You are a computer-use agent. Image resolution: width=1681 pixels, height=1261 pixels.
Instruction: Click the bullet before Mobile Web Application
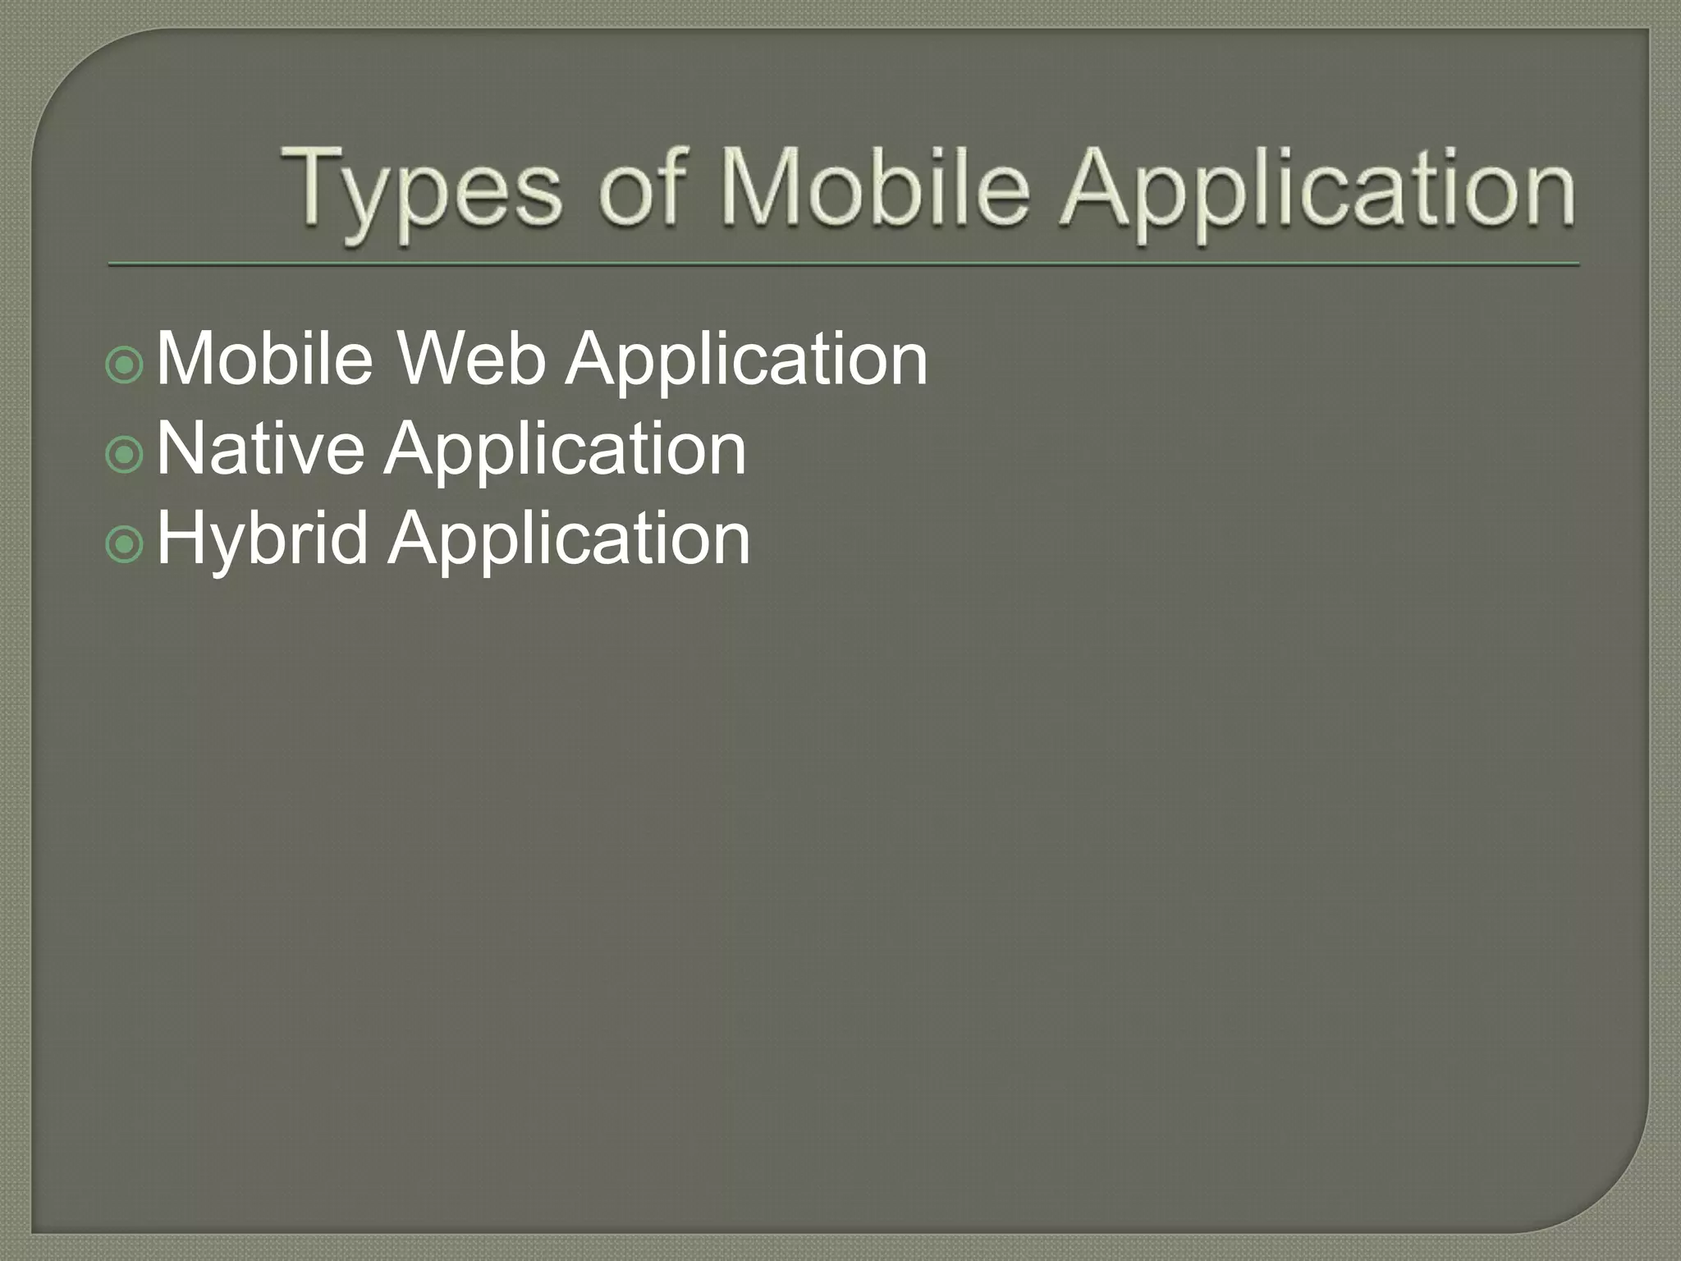pos(125,364)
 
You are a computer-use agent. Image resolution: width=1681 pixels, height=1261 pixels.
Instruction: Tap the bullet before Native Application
pos(125,454)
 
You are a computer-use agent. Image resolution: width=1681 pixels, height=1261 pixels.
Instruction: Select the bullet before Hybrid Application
pos(125,543)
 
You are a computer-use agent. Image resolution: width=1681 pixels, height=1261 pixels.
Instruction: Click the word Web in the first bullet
pos(470,359)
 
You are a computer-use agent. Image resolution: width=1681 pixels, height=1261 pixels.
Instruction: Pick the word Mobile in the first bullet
pos(264,359)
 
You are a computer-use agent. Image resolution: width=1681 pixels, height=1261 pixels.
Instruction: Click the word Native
pos(260,448)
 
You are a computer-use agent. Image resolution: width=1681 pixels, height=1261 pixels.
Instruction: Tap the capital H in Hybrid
pos(176,538)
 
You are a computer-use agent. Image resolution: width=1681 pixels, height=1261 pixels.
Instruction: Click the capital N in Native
pos(178,448)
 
